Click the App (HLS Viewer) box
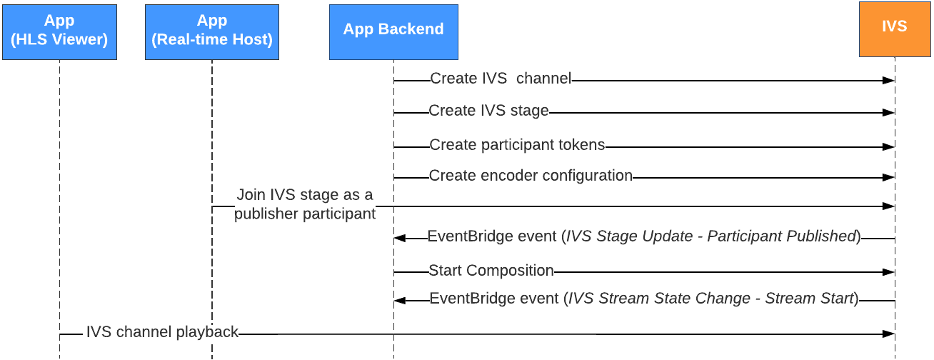[59, 31]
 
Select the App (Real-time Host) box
[212, 31]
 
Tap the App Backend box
[393, 31]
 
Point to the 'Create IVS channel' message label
[501, 79]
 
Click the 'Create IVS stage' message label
[488, 111]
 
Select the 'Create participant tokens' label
[517, 145]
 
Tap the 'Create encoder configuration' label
[531, 176]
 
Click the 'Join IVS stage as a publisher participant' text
[305, 204]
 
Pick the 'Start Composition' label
[491, 271]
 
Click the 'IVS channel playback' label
[162, 331]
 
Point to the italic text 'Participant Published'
[781, 236]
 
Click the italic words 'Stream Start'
[810, 299]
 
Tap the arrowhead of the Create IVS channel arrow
[889, 81]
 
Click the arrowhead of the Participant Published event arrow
[400, 239]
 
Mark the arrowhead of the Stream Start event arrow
[400, 301]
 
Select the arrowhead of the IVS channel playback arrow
[889, 334]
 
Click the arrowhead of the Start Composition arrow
[889, 272]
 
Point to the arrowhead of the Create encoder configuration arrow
[889, 177]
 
